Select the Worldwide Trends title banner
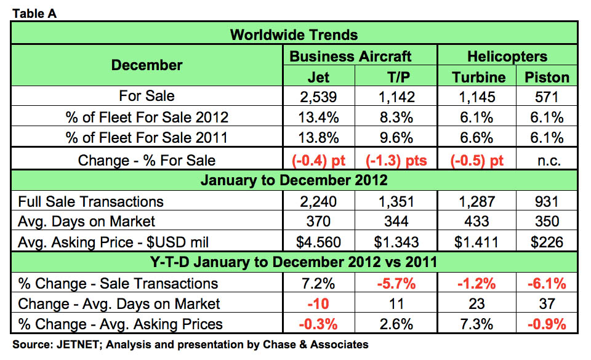[294, 34]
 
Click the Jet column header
[318, 77]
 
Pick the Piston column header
[547, 77]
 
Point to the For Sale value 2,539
[318, 96]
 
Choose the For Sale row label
[147, 96]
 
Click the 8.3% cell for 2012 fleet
[396, 117]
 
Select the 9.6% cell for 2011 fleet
[396, 138]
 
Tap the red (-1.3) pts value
[396, 160]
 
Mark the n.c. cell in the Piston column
[547, 160]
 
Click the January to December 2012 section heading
[294, 180]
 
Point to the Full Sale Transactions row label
[90, 201]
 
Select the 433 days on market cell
[475, 221]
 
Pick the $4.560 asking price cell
[318, 241]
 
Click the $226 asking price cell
[547, 241]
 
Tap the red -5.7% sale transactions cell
[396, 283]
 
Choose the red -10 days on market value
[318, 303]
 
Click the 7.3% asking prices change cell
[475, 324]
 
